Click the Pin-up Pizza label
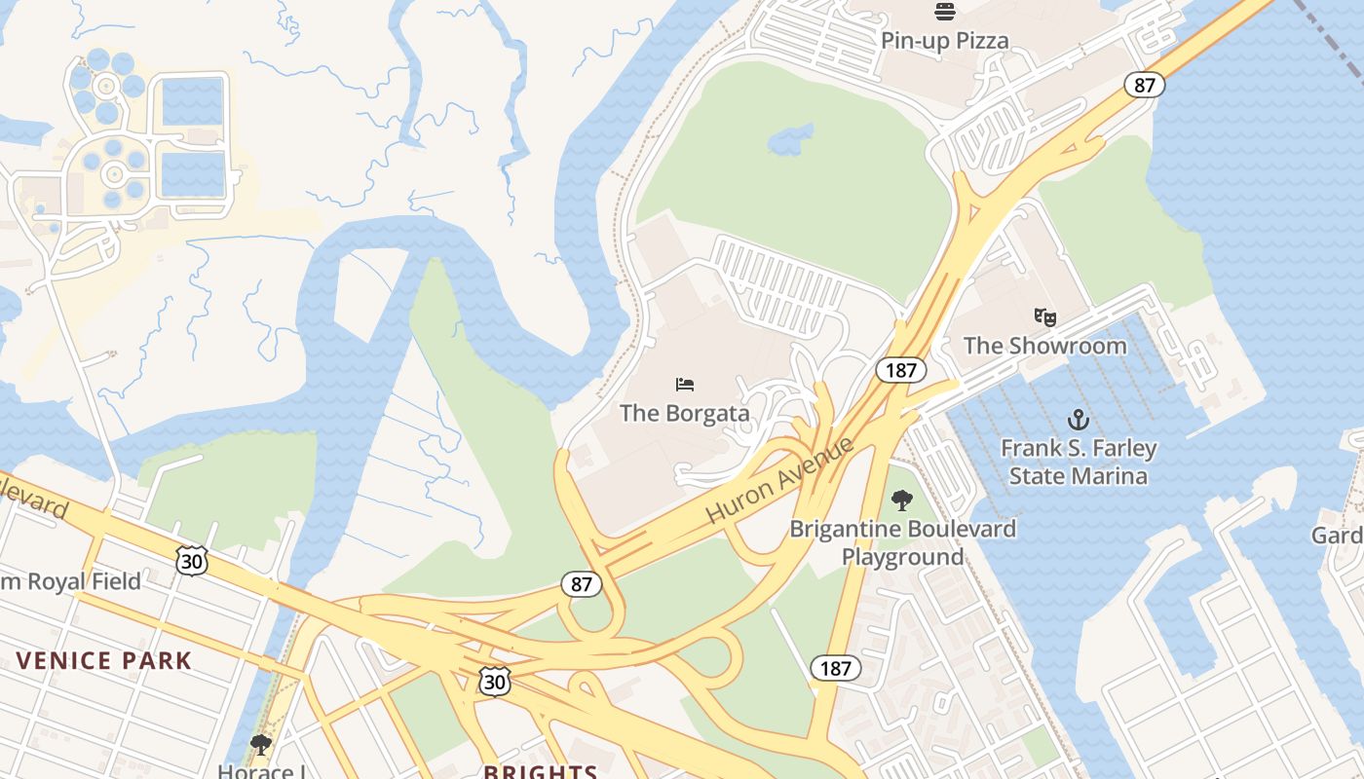(x=944, y=41)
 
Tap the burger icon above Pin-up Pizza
(x=944, y=12)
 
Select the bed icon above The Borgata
(x=685, y=385)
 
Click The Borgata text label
(x=685, y=413)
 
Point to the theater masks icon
(x=1044, y=316)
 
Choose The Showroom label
(x=1044, y=346)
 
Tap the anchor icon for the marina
(x=1078, y=420)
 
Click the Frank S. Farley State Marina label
(x=1079, y=463)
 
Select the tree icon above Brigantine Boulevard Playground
(x=902, y=501)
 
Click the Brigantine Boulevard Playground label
(x=902, y=542)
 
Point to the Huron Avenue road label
(x=779, y=480)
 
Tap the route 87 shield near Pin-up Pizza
(x=1144, y=85)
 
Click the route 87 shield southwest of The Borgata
(x=581, y=584)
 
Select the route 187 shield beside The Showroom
(x=900, y=370)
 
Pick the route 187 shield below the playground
(x=835, y=668)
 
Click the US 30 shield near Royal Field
(x=192, y=560)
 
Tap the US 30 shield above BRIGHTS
(x=494, y=682)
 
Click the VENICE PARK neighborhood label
(x=104, y=660)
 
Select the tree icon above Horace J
(x=260, y=745)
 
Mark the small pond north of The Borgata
(x=790, y=139)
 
